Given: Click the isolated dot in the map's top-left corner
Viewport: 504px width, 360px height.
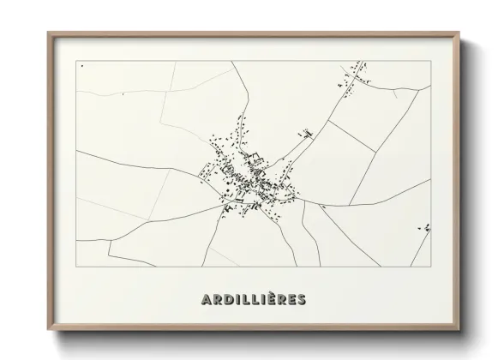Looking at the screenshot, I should pyautogui.click(x=81, y=64).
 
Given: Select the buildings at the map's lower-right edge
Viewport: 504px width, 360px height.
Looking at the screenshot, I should pyautogui.click(x=425, y=228).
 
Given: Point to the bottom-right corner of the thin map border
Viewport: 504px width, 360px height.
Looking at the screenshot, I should pyautogui.click(x=431, y=267).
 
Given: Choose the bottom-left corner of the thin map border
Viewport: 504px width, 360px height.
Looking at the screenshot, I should pyautogui.click(x=76, y=267).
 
